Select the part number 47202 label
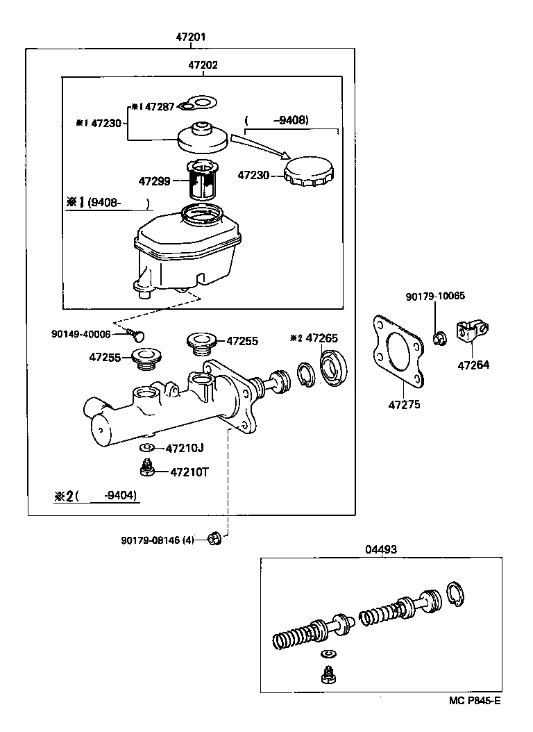point(203,65)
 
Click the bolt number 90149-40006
point(81,334)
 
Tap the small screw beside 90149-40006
point(137,337)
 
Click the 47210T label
point(189,472)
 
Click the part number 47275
point(404,404)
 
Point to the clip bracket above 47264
point(472,330)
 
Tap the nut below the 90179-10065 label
point(439,339)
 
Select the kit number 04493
point(380,548)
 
